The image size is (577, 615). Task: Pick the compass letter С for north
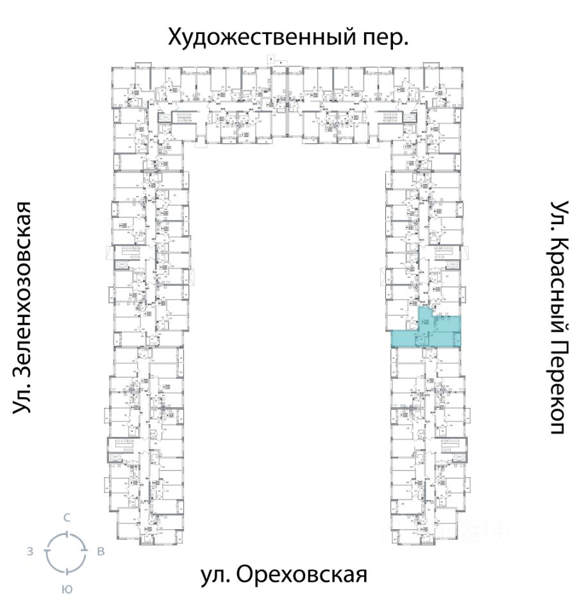tap(66, 518)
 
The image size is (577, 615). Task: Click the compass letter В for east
tap(101, 552)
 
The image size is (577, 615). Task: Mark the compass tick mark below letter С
tap(66, 533)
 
